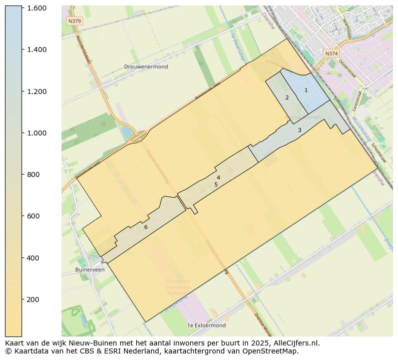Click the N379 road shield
74,21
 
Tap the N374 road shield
331,53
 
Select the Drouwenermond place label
146,66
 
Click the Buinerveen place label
90,269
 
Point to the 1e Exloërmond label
206,325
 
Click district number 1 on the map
306,90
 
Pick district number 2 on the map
287,97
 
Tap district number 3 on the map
299,130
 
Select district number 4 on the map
218,177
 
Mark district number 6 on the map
146,227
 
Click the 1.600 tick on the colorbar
37,8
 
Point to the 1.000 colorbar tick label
37,133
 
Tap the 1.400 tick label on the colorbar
37,49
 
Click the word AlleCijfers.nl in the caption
294,343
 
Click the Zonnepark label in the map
178,281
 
